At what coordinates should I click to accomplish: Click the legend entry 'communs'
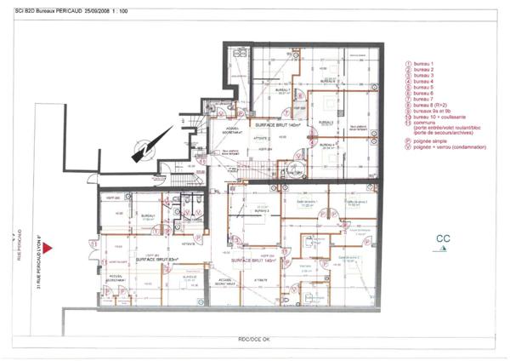[424, 123]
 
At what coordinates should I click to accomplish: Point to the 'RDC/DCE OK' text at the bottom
[254, 341]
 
